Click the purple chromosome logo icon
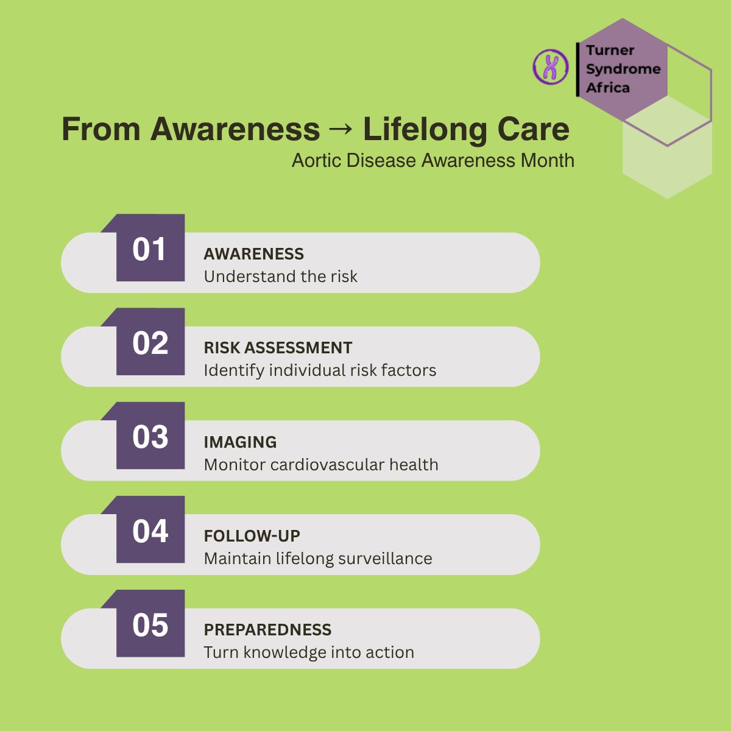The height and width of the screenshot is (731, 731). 551,67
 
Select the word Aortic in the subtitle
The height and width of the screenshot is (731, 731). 316,160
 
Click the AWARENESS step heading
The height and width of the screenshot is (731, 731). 254,254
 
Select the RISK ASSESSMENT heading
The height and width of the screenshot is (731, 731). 278,348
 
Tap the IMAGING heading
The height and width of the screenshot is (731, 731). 240,442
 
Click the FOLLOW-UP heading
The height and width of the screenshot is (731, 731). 252,536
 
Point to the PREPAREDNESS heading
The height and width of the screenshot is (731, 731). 267,630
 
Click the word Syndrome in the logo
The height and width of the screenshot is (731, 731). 623,69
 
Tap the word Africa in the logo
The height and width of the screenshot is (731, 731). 608,88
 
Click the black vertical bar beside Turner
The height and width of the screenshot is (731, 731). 577,69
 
